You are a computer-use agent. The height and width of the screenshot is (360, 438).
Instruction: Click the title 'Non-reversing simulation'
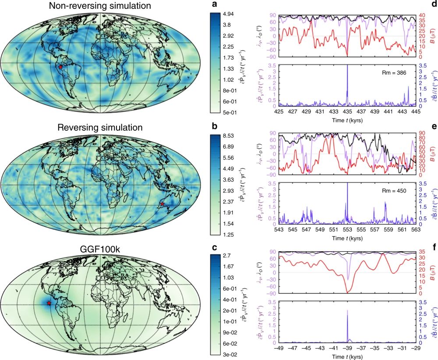click(101, 6)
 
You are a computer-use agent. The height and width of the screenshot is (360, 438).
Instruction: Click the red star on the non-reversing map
click(60, 67)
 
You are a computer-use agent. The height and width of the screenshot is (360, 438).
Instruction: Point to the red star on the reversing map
click(162, 204)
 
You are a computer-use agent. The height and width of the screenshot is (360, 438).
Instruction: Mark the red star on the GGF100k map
click(49, 303)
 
